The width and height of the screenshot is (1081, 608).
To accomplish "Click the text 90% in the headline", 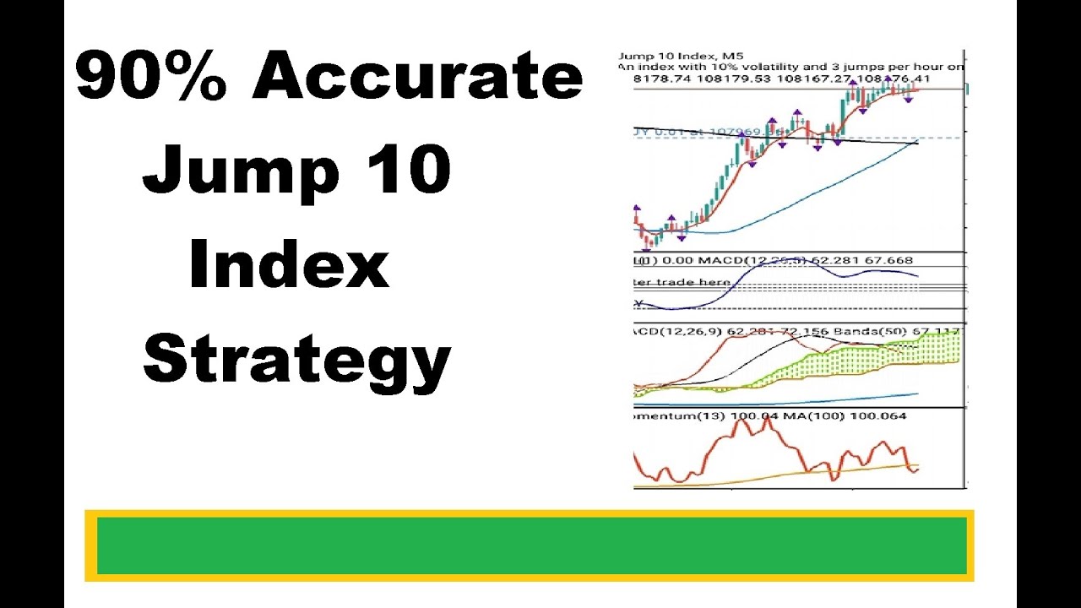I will (x=152, y=78).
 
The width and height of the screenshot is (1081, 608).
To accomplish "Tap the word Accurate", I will (x=416, y=78).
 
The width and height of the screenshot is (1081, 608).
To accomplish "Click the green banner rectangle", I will (x=530, y=546).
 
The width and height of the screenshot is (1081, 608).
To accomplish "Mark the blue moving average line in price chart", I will (x=811, y=193).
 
